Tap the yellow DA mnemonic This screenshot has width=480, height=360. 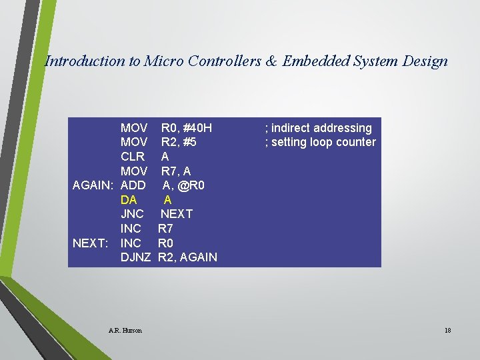pos(129,200)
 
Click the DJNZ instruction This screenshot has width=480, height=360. pos(135,257)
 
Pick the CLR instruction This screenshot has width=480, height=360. pos(133,157)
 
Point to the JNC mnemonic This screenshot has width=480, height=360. pos(132,214)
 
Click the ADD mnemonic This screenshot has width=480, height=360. pos(133,185)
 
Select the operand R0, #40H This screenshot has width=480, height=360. pos(187,128)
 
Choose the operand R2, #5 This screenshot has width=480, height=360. pos(179,142)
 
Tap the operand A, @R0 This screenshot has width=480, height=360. pos(184,185)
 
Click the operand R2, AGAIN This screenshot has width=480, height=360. pos(187,257)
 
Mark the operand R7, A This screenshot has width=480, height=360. pos(176,171)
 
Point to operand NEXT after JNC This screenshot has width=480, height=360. pos(176,214)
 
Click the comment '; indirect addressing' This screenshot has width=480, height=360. pos(319,128)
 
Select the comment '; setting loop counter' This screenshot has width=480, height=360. pos(321,142)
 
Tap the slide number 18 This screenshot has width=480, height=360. pos(447,330)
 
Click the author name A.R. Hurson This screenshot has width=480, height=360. pos(125,330)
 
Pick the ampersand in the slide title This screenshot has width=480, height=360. pos(272,61)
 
